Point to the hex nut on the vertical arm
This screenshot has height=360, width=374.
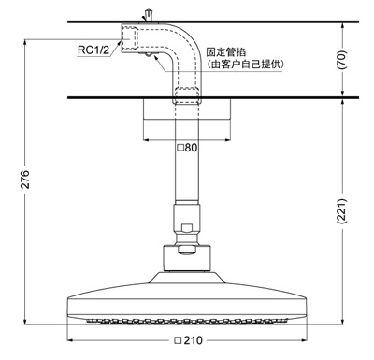(x=187, y=227)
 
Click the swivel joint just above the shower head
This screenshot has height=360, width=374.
(x=187, y=252)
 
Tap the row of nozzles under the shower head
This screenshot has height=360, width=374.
(x=187, y=321)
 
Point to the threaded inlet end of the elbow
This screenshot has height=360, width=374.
(x=140, y=38)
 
